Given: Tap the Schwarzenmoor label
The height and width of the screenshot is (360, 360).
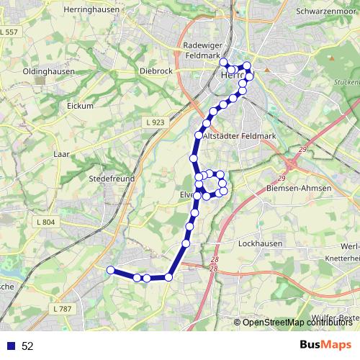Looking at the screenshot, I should coord(327,12).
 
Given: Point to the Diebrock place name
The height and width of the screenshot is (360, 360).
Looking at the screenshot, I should coord(156,71).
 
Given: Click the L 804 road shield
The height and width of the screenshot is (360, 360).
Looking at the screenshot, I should coord(44,222).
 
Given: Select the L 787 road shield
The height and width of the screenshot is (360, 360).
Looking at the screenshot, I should coord(63,308).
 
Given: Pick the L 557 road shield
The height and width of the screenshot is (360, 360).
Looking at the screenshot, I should coord(9,32).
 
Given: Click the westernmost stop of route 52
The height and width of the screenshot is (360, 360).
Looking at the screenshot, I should coord(110,270).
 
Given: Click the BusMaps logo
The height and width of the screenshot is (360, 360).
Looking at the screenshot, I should coord(325,345).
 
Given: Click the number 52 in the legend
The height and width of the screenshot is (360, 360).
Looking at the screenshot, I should coord(27,346).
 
